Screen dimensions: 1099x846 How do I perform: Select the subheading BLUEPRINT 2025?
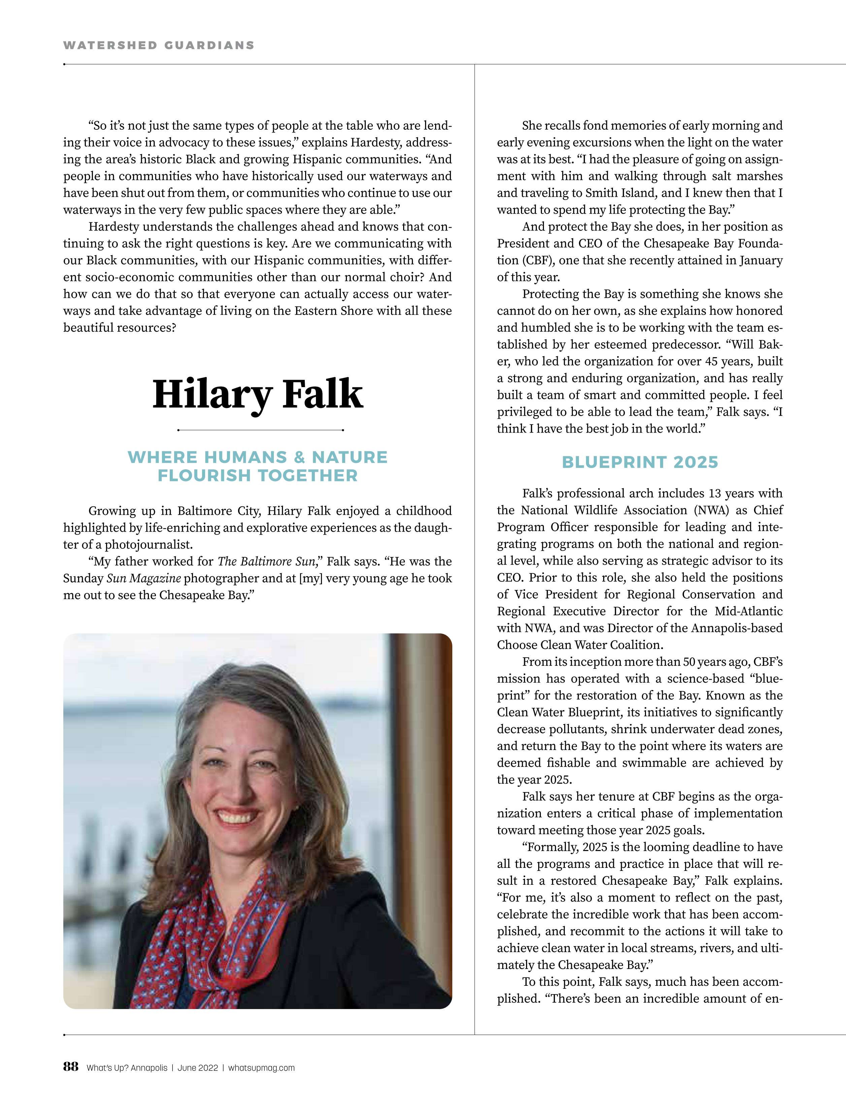[640, 462]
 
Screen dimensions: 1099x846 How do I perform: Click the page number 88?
[71, 1067]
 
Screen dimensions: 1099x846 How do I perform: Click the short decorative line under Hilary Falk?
[260, 430]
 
